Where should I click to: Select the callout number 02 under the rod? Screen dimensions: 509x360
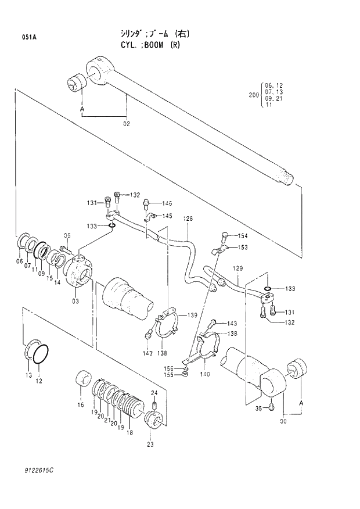click(126, 123)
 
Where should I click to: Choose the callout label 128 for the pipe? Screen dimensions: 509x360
click(188, 219)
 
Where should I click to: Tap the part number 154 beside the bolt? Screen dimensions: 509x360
click(243, 235)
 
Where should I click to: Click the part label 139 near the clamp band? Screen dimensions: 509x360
click(192, 315)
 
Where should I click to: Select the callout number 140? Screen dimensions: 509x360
click(204, 375)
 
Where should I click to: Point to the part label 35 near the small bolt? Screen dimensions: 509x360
click(260, 408)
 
